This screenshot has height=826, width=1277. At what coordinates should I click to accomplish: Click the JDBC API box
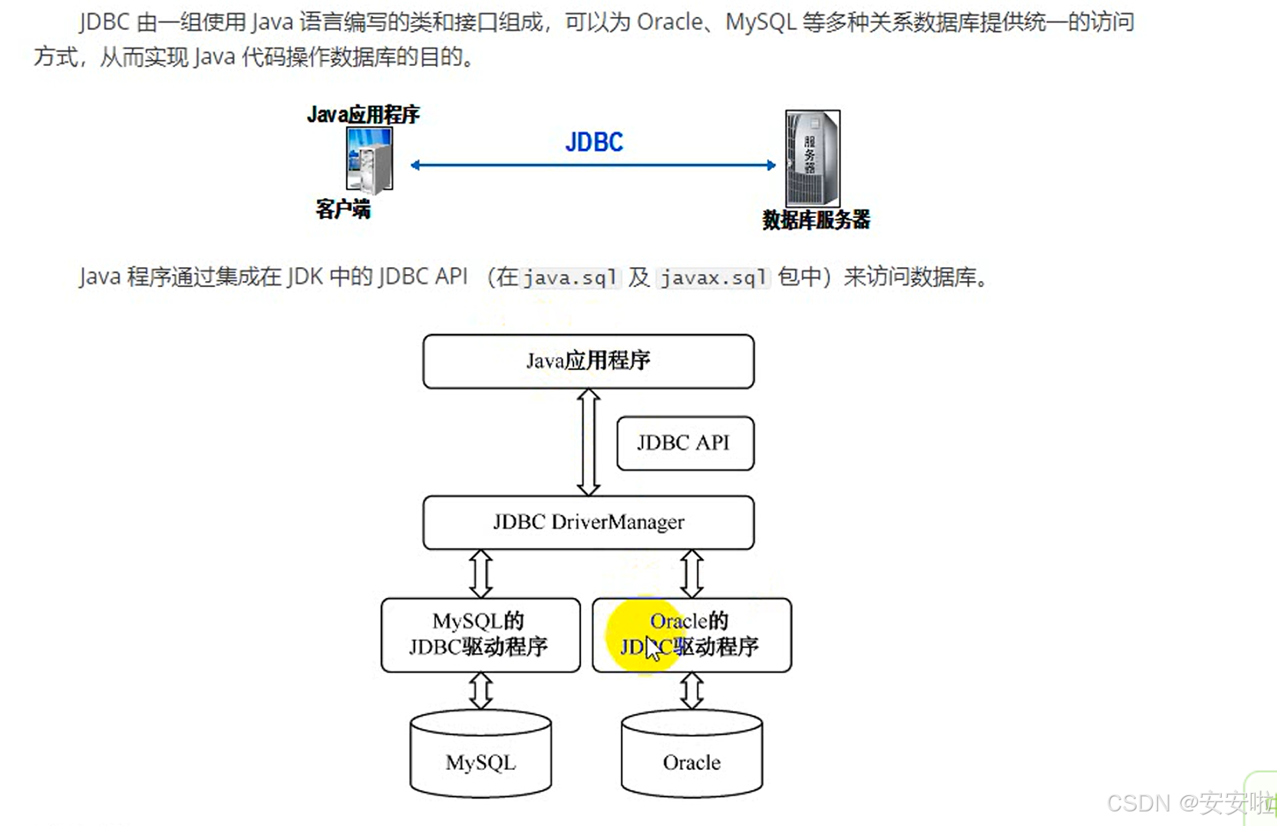click(685, 443)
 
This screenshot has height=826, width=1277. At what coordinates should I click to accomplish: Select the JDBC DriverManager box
click(588, 523)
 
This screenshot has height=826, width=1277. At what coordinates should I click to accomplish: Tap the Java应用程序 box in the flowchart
click(588, 361)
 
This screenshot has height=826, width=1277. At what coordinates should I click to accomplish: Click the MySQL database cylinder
click(480, 755)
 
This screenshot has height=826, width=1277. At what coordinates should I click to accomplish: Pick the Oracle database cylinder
click(691, 755)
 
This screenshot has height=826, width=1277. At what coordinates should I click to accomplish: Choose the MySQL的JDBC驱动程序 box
click(480, 635)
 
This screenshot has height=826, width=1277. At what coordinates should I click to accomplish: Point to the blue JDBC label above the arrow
click(594, 142)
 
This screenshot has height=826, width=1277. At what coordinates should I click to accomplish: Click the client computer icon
click(369, 160)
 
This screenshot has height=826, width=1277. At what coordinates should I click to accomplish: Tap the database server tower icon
click(812, 158)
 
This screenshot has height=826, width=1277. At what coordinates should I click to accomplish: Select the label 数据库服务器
click(816, 220)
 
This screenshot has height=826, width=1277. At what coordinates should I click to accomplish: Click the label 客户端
click(343, 209)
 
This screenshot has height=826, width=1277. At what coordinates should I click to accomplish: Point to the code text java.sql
click(569, 278)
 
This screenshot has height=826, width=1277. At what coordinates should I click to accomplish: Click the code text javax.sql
click(714, 278)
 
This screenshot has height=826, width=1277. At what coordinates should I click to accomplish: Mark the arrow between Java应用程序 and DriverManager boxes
click(589, 442)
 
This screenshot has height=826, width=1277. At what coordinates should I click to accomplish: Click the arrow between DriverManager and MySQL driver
click(480, 573)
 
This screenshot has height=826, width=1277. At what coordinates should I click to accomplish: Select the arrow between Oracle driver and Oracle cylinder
click(691, 691)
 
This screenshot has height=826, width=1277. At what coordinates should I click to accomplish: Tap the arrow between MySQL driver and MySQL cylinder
click(480, 691)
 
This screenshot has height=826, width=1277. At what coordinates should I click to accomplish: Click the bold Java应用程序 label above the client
click(363, 115)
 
